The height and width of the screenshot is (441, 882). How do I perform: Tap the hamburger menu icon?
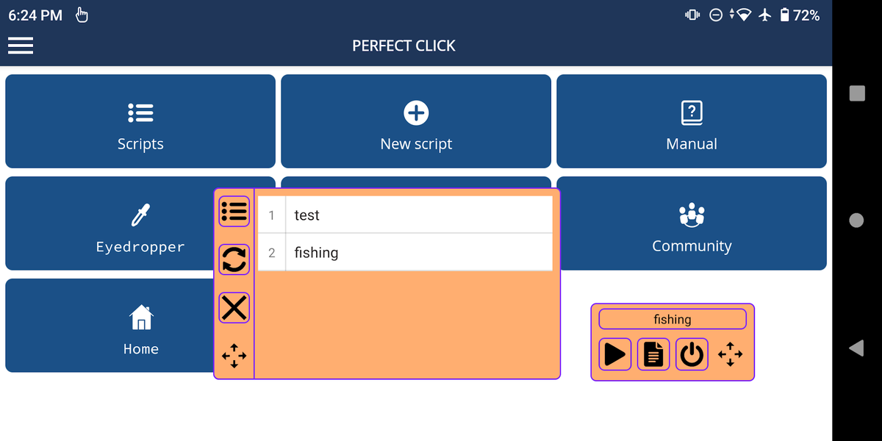(21, 46)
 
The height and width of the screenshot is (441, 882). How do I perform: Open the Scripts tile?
(140, 122)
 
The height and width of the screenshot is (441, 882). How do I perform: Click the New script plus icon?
(416, 112)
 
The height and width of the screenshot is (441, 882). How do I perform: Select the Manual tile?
(691, 122)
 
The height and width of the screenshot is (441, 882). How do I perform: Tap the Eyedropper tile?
(110, 224)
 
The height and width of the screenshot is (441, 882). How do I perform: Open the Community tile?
(691, 224)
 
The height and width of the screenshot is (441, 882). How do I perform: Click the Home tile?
(110, 326)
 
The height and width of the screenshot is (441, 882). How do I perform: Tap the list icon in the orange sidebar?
(234, 212)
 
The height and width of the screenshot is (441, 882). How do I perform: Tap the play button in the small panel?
(614, 354)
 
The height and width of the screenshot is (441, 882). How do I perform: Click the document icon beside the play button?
(653, 354)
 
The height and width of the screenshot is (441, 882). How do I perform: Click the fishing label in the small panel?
(672, 319)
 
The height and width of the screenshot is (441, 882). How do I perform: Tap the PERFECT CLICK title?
(404, 46)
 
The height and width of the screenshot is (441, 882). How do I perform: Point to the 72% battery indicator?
(799, 15)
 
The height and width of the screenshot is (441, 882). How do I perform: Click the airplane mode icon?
(764, 15)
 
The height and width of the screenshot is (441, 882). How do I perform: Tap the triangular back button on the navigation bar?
(856, 348)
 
